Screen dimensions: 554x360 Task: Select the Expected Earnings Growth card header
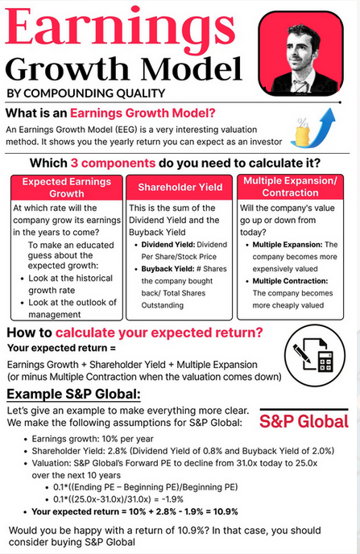[x=66, y=188]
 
